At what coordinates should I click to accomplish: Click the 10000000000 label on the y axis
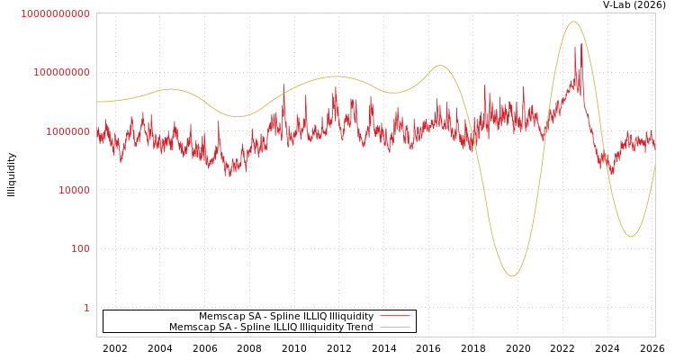pos(55,13)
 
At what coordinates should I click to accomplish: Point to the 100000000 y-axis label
pos(61,72)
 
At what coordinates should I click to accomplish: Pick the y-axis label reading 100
pos(80,248)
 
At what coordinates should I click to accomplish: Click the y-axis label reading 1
pos(86,308)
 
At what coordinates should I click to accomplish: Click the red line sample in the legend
pos(394,317)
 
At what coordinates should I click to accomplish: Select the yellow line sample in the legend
pos(394,328)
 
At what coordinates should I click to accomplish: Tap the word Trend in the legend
pos(359,328)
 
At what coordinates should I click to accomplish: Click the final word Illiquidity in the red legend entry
pos(351,317)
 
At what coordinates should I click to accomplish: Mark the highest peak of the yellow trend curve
pos(573,22)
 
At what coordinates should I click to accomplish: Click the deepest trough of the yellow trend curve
pos(511,276)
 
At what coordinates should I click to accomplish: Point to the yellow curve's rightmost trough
pos(631,237)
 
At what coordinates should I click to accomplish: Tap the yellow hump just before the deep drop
pos(439,66)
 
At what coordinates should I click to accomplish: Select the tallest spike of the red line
pos(581,42)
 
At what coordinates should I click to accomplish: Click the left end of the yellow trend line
pos(97,102)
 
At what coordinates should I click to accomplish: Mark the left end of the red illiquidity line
pos(97,135)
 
